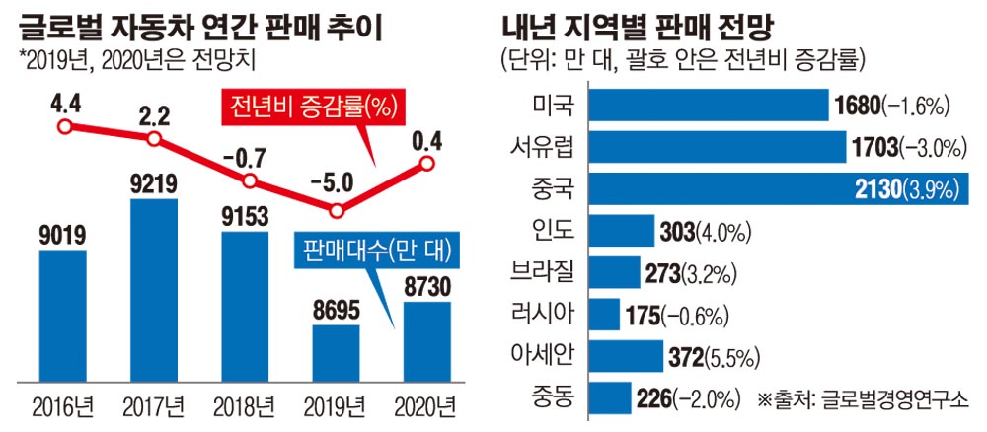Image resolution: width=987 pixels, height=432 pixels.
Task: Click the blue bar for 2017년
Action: coord(153,291)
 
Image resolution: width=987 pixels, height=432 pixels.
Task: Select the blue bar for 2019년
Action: coord(336,353)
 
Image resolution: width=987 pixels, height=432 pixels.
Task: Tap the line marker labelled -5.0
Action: coord(337,210)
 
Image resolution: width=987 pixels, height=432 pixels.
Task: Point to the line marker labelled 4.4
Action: coord(65,126)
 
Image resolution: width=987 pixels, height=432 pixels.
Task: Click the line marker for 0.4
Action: coord(427,164)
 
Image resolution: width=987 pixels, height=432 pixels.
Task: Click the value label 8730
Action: coord(427,285)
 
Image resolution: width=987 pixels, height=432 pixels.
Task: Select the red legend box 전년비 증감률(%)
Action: coord(310,105)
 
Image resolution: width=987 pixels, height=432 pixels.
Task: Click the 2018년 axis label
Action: coord(245,405)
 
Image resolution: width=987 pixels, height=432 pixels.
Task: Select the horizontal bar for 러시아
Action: coord(606,316)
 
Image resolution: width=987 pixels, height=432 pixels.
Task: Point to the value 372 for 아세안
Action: coord(687,356)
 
